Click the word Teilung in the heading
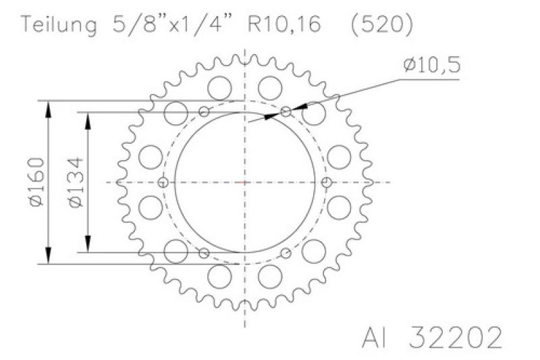(59, 24)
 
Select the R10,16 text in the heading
(284, 24)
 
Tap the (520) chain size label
(381, 25)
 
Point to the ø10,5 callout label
(431, 64)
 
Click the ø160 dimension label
(37, 182)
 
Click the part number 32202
(455, 337)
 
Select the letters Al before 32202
(374, 337)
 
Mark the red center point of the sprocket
(244, 182)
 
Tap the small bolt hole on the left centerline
(163, 182)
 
